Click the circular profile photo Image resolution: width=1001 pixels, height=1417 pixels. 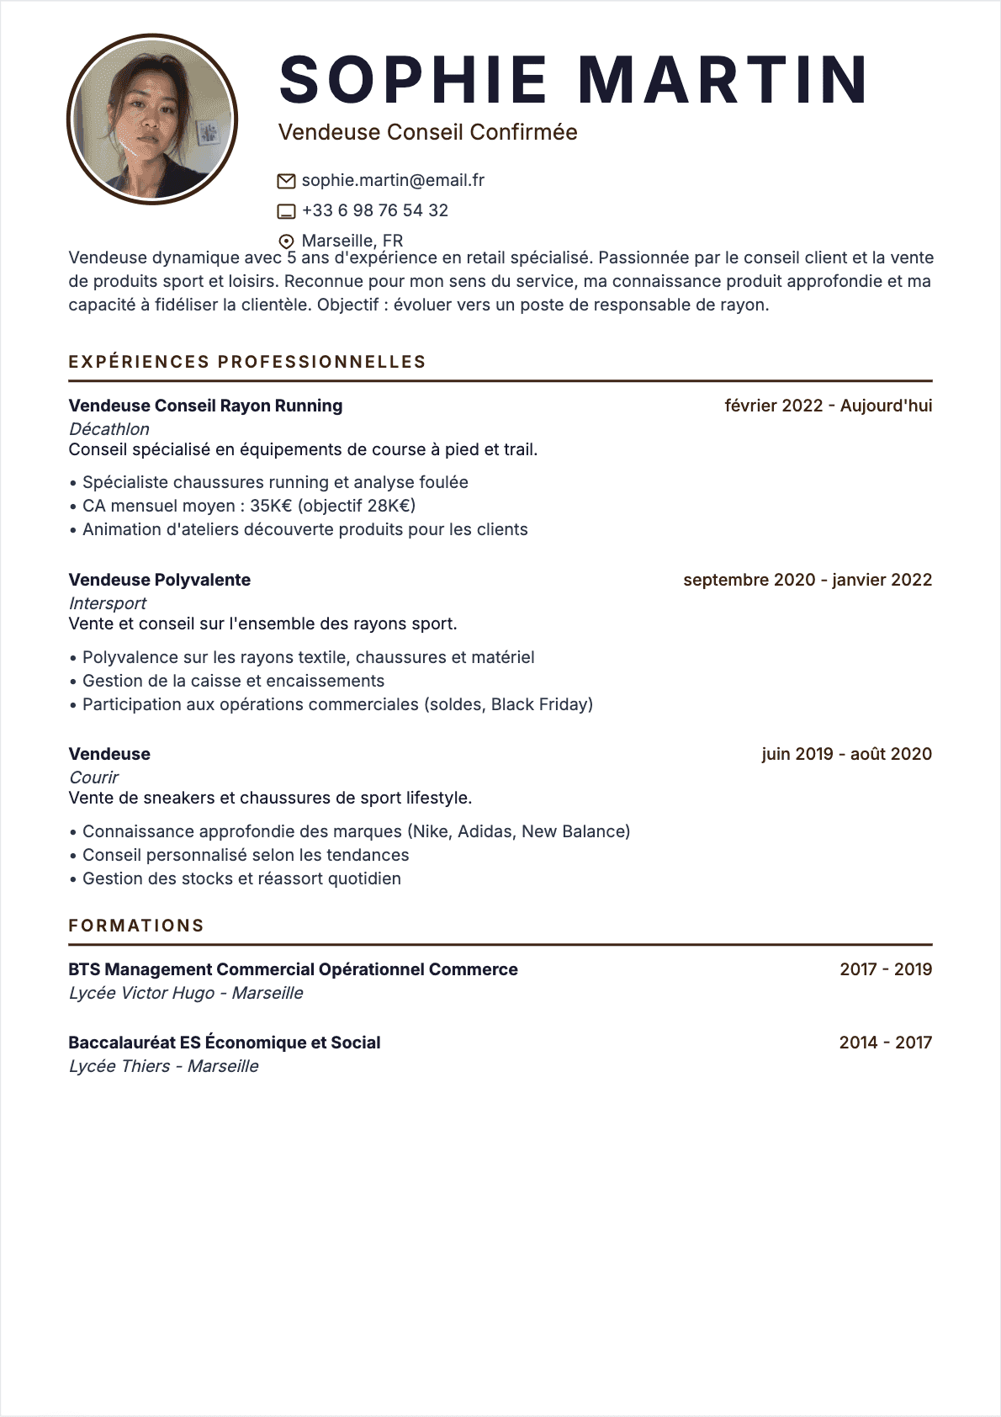[x=152, y=119]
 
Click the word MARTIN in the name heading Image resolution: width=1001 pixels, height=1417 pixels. [x=723, y=80]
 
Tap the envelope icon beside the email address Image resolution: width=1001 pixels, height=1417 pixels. [x=286, y=181]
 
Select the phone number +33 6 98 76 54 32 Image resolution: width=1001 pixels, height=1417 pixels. [x=375, y=210]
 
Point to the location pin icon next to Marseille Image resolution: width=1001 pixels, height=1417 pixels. [x=286, y=241]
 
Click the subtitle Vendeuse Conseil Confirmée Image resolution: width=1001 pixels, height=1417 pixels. [x=427, y=132]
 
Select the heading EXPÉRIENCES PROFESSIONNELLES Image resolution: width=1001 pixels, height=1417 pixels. [x=247, y=362]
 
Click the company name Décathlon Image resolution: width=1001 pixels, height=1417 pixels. [x=109, y=429]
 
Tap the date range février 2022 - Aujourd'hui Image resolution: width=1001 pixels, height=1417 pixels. [x=828, y=406]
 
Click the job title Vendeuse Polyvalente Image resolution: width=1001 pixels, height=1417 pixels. [x=159, y=580]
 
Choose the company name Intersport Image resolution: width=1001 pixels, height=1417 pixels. [x=107, y=603]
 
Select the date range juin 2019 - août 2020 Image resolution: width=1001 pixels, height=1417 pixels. [x=846, y=754]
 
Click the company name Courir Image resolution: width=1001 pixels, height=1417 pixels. [x=93, y=777]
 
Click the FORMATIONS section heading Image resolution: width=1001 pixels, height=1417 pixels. [x=136, y=926]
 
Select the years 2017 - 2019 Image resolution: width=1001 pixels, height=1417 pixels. [x=886, y=969]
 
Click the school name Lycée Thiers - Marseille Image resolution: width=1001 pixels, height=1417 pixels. [x=163, y=1066]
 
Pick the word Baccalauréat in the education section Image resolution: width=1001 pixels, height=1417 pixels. [x=122, y=1043]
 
